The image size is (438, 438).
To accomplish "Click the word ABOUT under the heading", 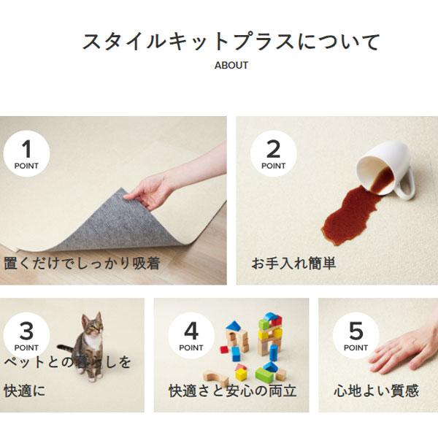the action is tap(231, 66).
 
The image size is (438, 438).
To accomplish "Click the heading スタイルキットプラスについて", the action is tap(231, 42).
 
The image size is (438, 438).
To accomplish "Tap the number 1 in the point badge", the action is tap(26, 149).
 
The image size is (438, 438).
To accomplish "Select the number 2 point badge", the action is tap(273, 153).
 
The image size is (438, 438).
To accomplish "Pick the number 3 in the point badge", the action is tap(26, 331).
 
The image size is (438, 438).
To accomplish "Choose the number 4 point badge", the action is tap(191, 336).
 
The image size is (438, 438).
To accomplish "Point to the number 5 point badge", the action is tap(356, 336).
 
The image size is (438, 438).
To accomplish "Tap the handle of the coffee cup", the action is tap(407, 185).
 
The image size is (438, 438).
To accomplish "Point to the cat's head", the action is tap(93, 325).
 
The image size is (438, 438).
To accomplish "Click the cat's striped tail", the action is tap(67, 350).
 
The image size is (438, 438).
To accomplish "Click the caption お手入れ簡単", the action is tap(293, 264).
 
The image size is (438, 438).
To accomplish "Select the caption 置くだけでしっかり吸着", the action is tap(82, 264).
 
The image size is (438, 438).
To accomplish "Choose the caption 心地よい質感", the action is tap(377, 391).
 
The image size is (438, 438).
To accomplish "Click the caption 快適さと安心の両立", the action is tap(232, 391).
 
